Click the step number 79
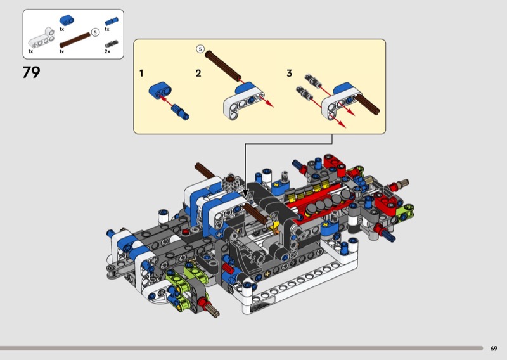coord(31,72)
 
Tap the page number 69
coord(494,349)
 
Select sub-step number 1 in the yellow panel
coord(141,73)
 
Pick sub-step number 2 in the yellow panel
coord(198,73)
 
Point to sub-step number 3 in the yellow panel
coord(290,73)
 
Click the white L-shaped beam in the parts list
coord(41,37)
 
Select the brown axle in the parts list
coord(75,40)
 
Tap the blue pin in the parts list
coord(112,21)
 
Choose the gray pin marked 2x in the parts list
coord(112,44)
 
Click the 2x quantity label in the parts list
coord(107,51)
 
